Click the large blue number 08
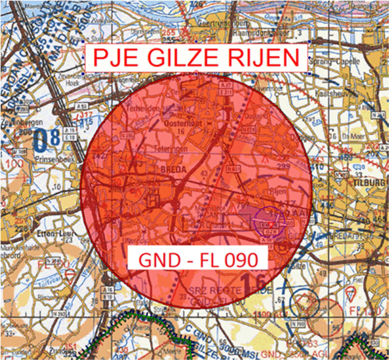46,139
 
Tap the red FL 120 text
359,310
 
